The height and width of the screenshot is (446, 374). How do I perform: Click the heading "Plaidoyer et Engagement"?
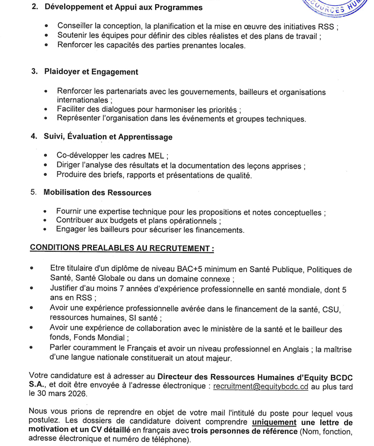pyautogui.click(x=90, y=72)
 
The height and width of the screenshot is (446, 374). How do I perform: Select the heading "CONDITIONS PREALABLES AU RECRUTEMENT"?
pyautogui.click(x=122, y=247)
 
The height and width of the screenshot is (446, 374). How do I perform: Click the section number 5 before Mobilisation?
pyautogui.click(x=34, y=193)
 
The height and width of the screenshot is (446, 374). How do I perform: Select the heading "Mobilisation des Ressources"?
pyautogui.click(x=97, y=193)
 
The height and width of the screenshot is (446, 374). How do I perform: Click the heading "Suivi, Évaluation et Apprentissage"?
pyautogui.click(x=108, y=137)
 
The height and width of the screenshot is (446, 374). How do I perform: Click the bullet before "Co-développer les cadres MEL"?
pyautogui.click(x=46, y=156)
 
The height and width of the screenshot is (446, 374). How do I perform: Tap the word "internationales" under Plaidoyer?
pyautogui.click(x=82, y=100)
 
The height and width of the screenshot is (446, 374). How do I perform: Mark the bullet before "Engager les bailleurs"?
pyautogui.click(x=46, y=230)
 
